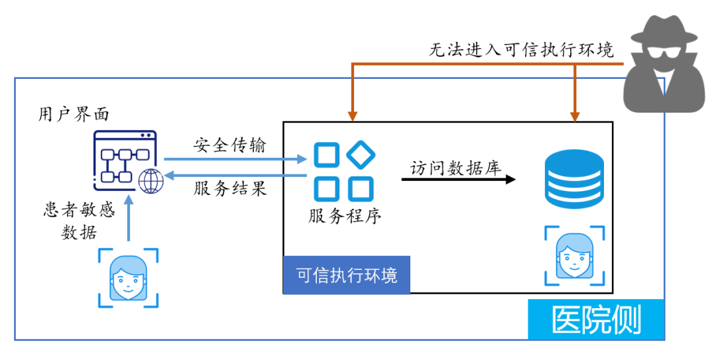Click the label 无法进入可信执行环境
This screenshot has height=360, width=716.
coord(521,50)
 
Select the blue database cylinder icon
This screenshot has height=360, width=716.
coord(574,178)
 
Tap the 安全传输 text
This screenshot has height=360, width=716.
coord(230,145)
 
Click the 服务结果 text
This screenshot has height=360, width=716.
coord(230,189)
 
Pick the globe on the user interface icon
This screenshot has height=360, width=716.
coord(152,181)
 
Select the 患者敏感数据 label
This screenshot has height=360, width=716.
coord(79,221)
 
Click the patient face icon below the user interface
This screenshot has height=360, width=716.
coord(129,278)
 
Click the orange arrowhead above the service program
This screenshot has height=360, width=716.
coord(352,116)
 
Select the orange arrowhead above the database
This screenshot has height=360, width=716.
coord(575,116)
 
